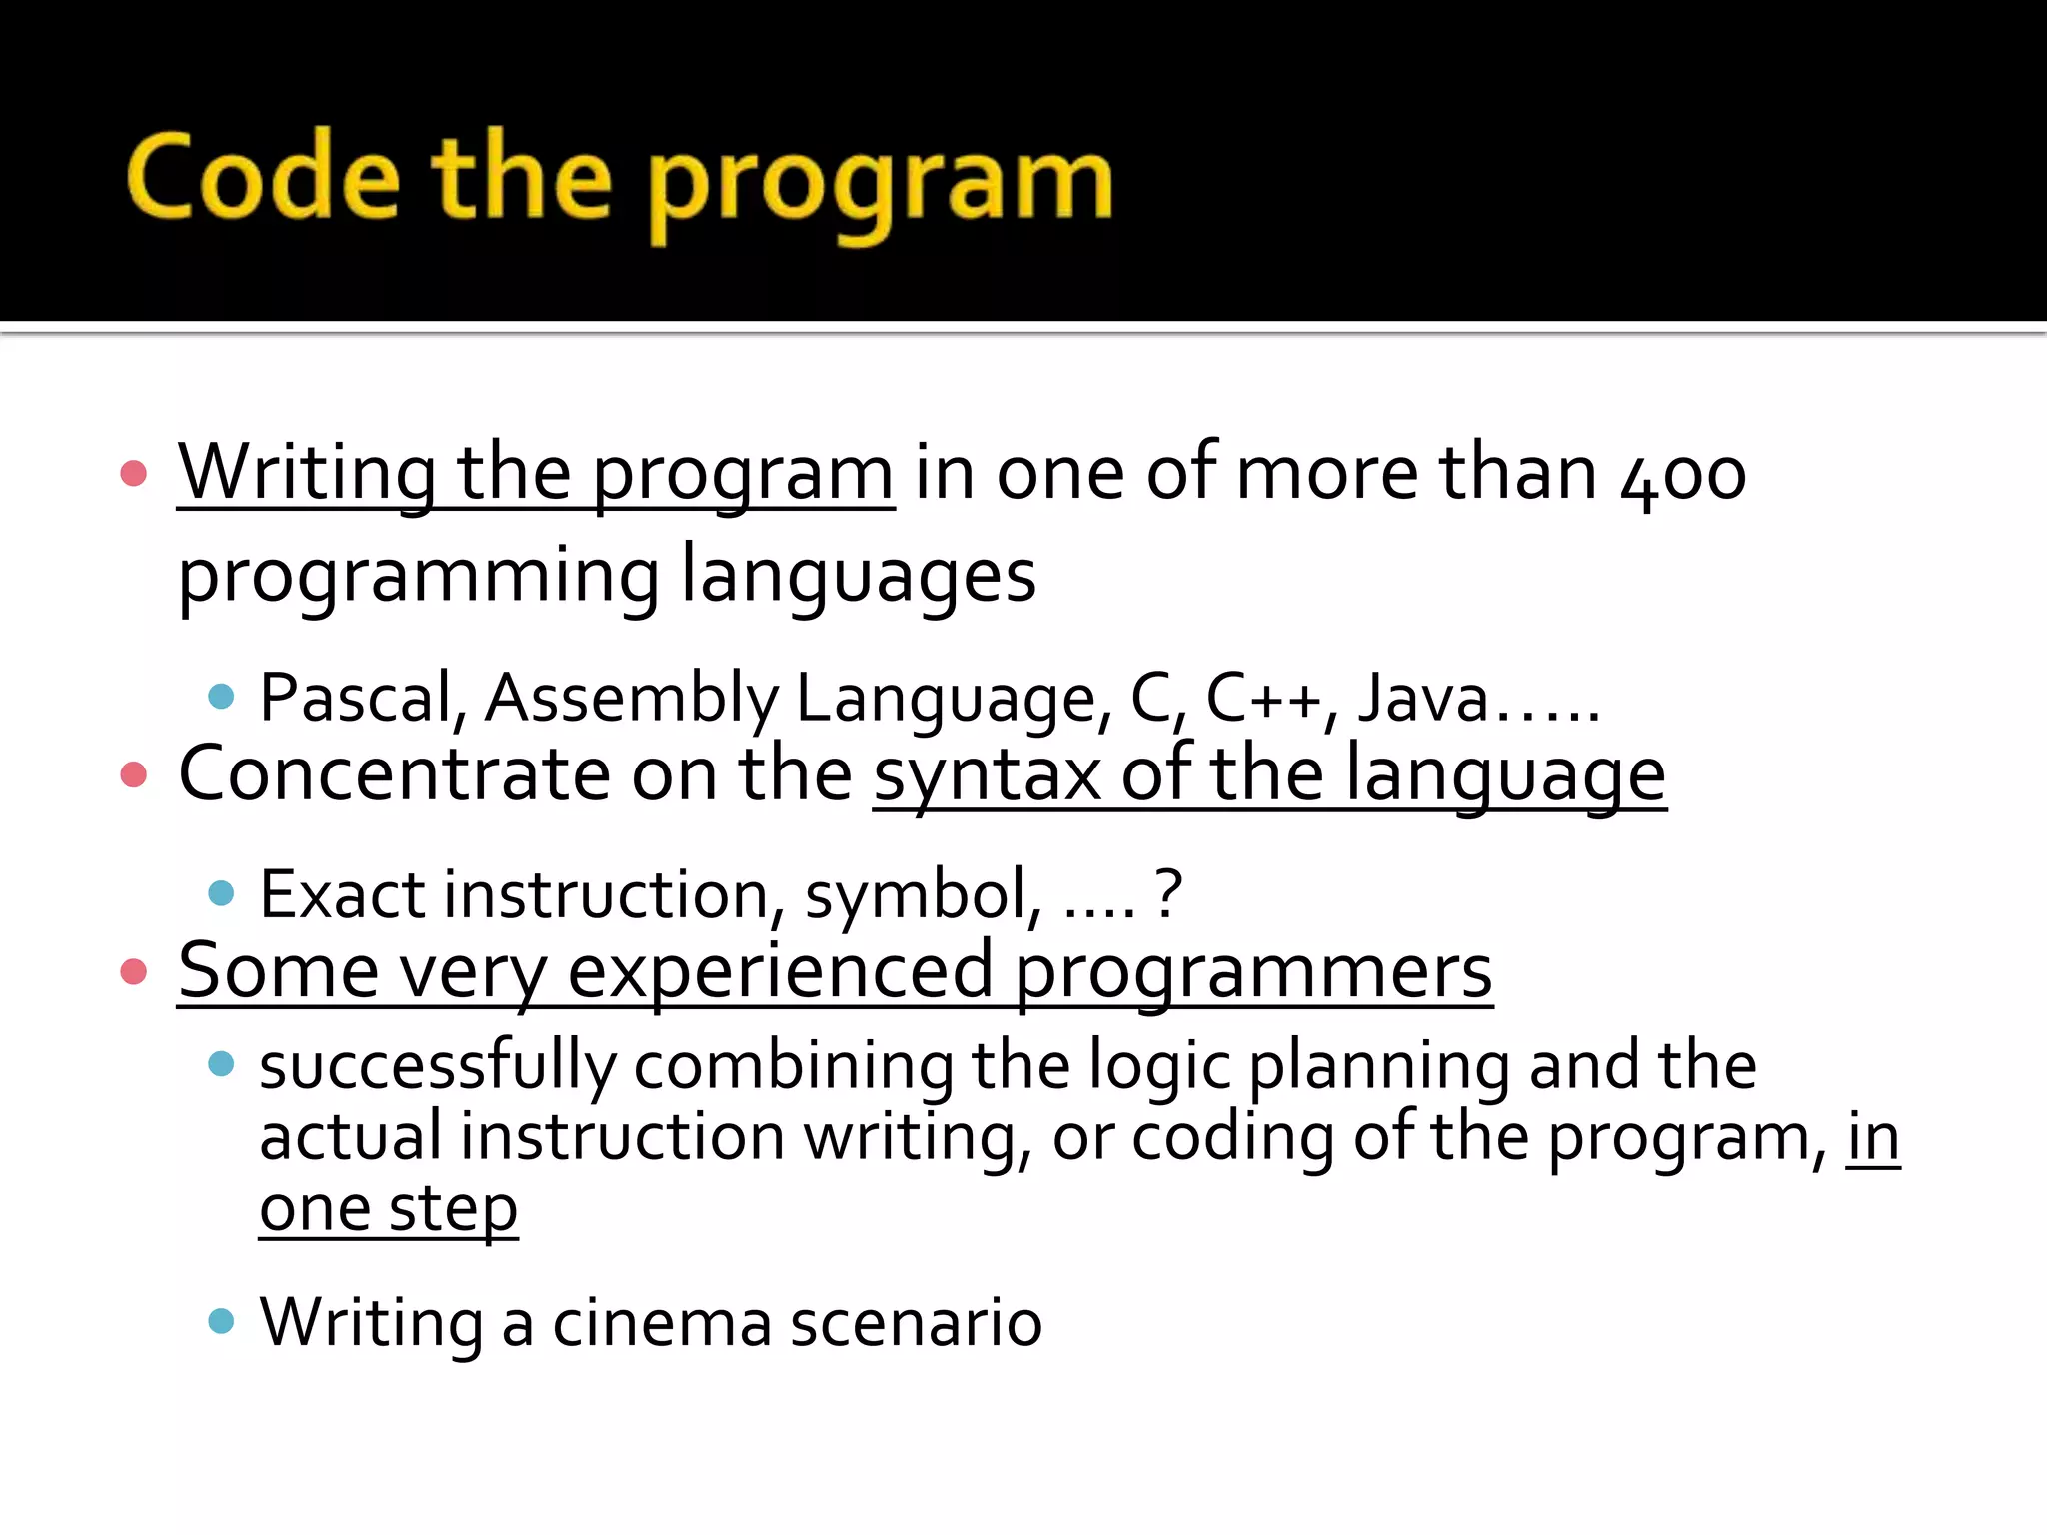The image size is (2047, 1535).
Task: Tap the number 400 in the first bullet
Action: click(x=1683, y=474)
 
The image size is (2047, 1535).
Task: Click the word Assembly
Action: click(x=632, y=697)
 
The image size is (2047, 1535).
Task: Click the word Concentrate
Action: click(x=393, y=773)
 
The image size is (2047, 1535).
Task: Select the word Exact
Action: click(x=342, y=893)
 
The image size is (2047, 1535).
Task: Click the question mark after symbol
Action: click(x=1168, y=893)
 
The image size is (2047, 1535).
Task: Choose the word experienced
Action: click(x=781, y=971)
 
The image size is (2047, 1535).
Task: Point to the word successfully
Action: click(x=438, y=1066)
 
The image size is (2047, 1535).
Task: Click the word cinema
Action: click(x=662, y=1322)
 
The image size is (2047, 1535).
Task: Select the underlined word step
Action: click(x=453, y=1209)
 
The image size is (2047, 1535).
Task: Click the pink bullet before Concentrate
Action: click(x=133, y=774)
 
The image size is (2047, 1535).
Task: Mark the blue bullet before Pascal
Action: click(x=221, y=696)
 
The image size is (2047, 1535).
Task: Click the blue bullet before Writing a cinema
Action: click(x=221, y=1321)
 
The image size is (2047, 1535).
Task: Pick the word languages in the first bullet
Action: click(x=859, y=576)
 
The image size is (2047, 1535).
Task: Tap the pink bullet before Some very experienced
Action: click(x=133, y=971)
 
